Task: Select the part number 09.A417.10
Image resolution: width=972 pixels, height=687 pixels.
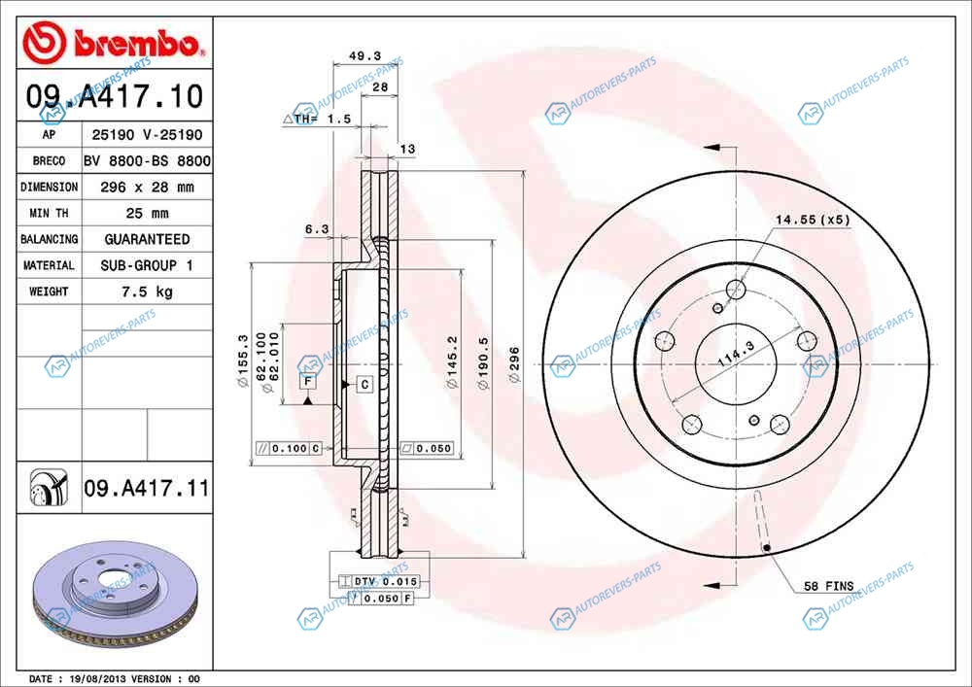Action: pos(115,96)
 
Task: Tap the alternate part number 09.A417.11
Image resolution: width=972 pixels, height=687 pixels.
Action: pos(147,488)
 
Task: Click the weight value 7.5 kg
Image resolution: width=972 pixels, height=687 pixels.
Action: pos(148,292)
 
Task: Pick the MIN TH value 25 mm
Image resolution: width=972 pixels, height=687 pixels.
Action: pos(148,213)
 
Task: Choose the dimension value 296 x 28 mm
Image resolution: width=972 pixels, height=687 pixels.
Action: pos(148,188)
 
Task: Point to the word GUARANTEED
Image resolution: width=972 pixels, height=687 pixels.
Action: pos(148,239)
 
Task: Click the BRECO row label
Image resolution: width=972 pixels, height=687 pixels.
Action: pos(49,161)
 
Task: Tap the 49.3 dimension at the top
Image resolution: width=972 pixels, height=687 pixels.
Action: pos(365,55)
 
